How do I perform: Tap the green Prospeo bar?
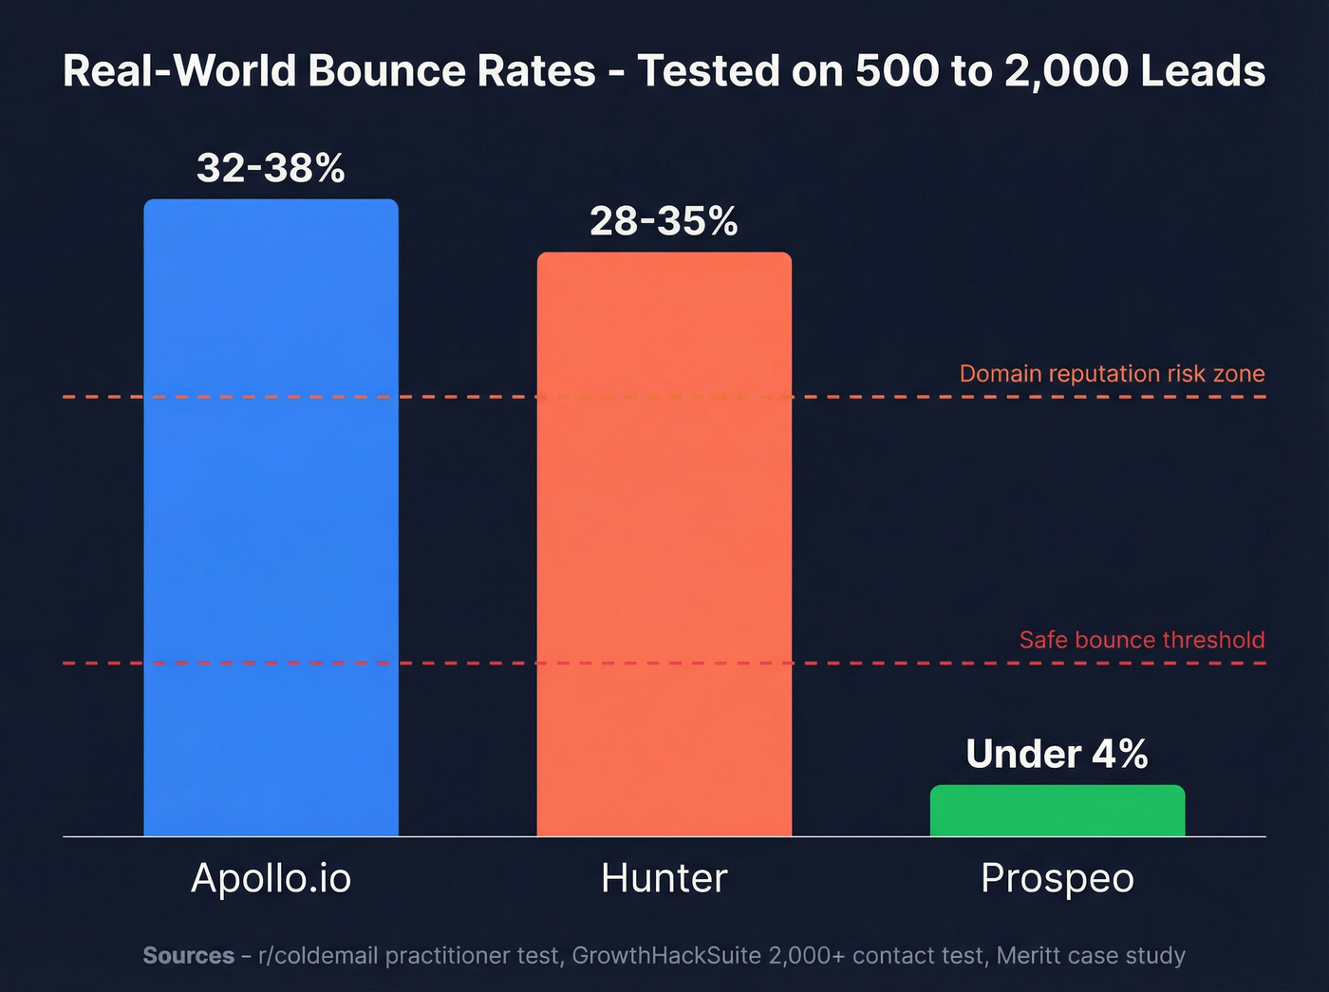point(1057,811)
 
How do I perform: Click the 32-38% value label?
point(271,168)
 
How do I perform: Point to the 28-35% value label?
point(664,221)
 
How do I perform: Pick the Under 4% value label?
point(1057,754)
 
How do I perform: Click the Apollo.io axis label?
point(271,878)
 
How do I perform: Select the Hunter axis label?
point(664,878)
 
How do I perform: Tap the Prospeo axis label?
point(1057,878)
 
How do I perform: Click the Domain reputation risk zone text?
point(1112,373)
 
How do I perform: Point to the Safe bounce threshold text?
point(1141,640)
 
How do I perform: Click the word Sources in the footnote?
point(188,955)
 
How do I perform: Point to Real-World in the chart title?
point(179,71)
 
